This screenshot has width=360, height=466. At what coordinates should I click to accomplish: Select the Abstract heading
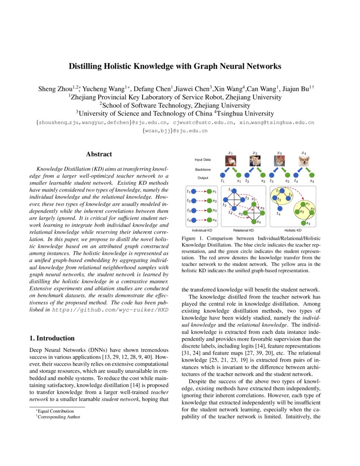99,155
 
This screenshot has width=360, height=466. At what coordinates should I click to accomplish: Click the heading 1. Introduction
52,338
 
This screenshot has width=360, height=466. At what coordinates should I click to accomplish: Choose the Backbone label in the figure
202,169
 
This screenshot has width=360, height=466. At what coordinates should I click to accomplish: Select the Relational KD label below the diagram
244,230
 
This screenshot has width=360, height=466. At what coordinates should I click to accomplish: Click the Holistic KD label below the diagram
293,230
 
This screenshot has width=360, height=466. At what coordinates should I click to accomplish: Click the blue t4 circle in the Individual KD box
194,220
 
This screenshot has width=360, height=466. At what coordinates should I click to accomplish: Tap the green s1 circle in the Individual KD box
209,191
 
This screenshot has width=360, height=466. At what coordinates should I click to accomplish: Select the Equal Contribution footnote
55,411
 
